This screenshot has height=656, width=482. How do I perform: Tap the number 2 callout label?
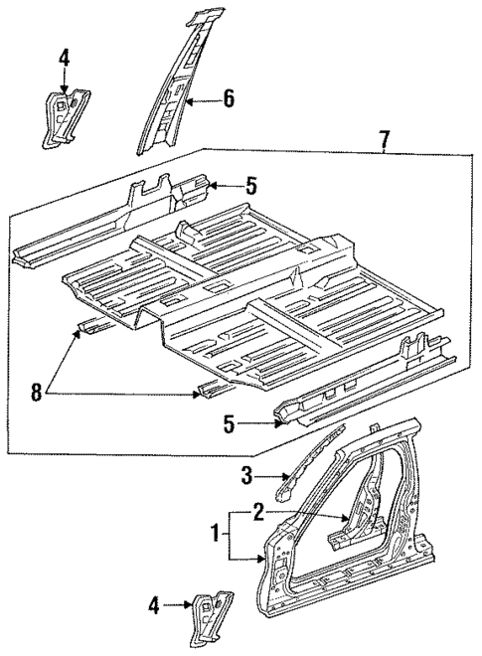[x=258, y=513]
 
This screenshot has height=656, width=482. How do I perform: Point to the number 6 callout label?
[x=228, y=97]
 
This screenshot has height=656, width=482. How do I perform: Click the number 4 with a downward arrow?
[x=64, y=59]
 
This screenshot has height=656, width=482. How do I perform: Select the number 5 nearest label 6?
[x=251, y=184]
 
